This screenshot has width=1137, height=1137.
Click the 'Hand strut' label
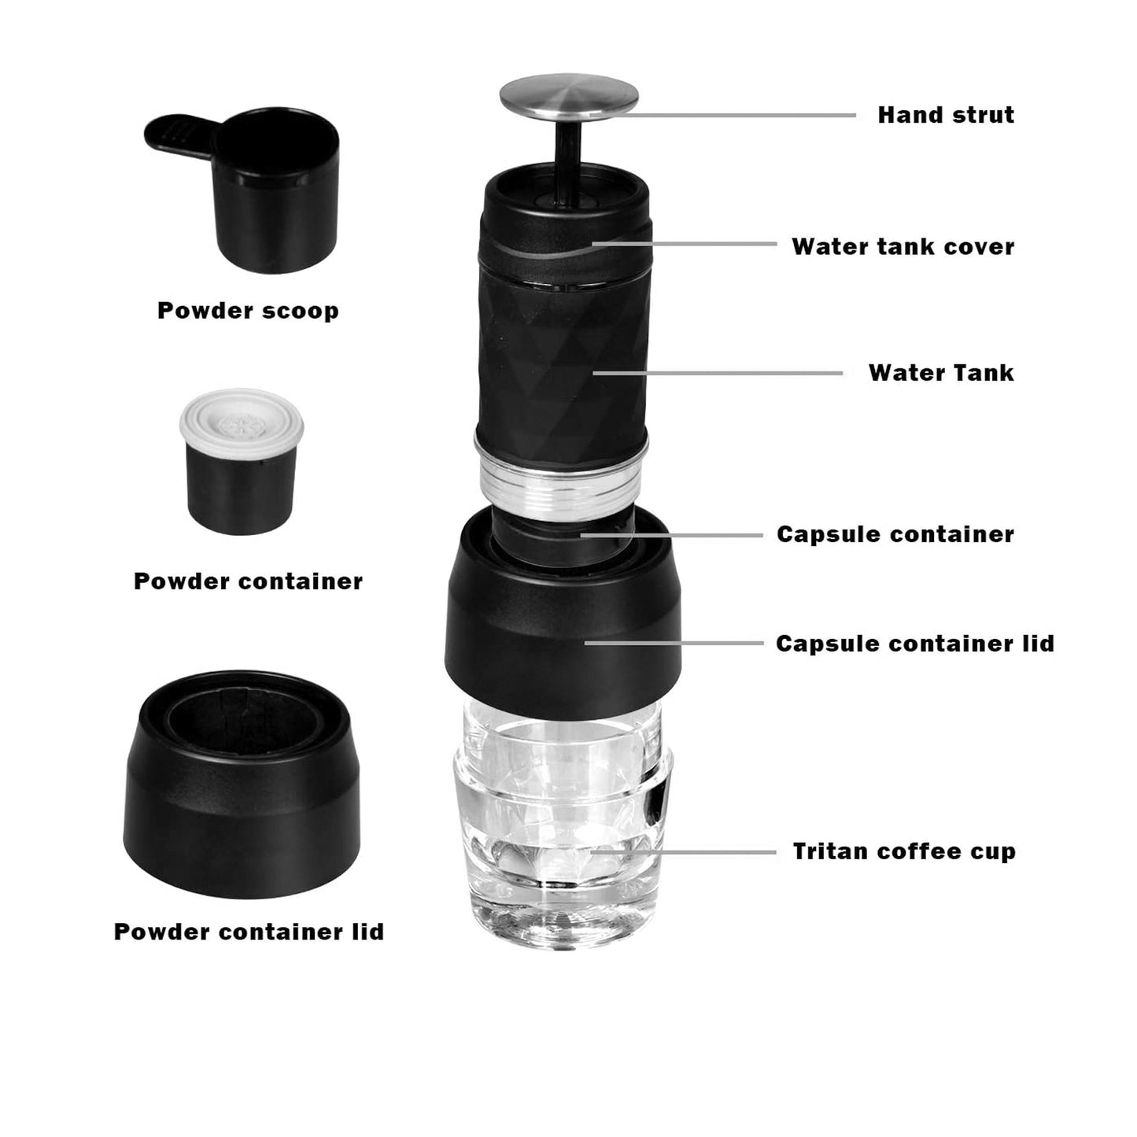click(x=945, y=115)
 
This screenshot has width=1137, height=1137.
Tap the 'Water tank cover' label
click(x=903, y=246)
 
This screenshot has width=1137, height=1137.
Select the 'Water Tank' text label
click(x=940, y=372)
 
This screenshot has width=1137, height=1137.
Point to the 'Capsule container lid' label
click(x=914, y=644)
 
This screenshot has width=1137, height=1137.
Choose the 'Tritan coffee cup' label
click(x=903, y=851)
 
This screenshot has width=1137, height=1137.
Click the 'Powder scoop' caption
click(x=248, y=310)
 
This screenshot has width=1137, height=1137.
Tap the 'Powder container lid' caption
click(x=249, y=932)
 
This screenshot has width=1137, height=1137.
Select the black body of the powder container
click(x=241, y=488)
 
